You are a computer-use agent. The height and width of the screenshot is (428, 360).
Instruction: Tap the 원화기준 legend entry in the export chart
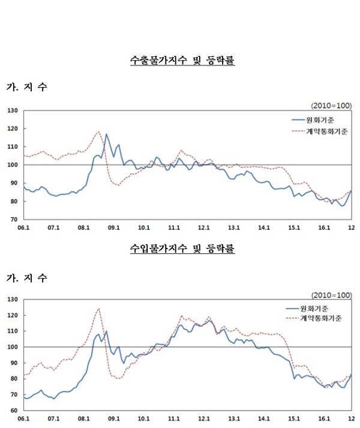click(x=319, y=119)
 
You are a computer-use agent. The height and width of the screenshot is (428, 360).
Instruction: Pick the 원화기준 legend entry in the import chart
click(x=318, y=307)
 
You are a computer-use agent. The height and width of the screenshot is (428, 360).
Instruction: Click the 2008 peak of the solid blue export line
click(x=106, y=134)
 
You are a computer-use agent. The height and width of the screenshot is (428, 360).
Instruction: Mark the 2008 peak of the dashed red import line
click(x=99, y=309)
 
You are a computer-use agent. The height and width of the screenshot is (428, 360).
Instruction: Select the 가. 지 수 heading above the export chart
click(x=27, y=88)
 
